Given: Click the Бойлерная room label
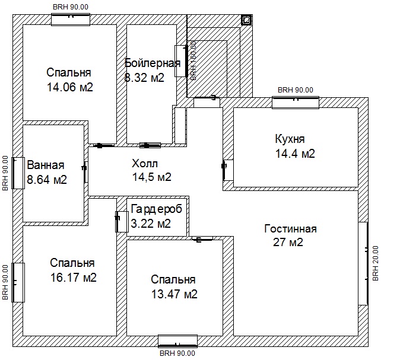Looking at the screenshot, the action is (x=153, y=63).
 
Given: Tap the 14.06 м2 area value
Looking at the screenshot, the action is (x=70, y=87).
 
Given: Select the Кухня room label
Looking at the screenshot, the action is (x=290, y=139).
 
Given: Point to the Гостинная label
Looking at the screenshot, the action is (x=290, y=229).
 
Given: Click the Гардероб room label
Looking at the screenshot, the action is (x=156, y=209).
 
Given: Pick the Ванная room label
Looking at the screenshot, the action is (x=46, y=165).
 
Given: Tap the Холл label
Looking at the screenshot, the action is (x=145, y=164).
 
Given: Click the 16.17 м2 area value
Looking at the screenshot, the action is (x=74, y=278).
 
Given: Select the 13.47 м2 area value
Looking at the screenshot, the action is (x=174, y=294).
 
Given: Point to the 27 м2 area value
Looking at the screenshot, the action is (x=288, y=242).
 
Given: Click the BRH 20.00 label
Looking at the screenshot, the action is (x=376, y=263).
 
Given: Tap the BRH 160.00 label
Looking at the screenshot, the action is (x=193, y=61).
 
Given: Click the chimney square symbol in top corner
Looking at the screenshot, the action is (x=246, y=20).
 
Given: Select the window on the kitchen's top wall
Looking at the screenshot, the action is (x=296, y=103).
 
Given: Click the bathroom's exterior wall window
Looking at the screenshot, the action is (x=18, y=173).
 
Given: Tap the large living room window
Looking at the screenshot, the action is (x=363, y=263).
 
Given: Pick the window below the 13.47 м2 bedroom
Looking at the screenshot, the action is (x=177, y=342).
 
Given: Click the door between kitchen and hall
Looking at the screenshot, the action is (x=227, y=170).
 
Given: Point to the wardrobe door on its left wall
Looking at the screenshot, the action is (x=122, y=222).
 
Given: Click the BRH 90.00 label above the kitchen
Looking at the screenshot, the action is (x=296, y=90).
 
